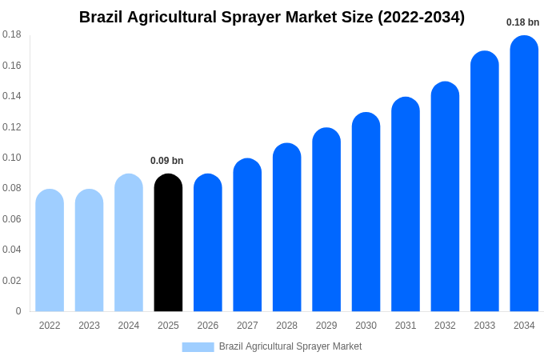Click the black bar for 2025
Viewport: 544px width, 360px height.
(168, 243)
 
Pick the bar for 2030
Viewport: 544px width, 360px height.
(366, 212)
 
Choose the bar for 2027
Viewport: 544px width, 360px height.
(247, 235)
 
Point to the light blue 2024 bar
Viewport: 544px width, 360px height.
(129, 243)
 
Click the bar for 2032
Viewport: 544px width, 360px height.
(445, 197)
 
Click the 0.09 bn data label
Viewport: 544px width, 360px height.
(167, 161)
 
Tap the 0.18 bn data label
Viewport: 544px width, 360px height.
(522, 22)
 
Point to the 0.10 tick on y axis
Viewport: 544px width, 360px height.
(12, 158)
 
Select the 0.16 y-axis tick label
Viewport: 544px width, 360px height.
(12, 66)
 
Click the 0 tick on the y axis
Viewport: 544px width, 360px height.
(18, 311)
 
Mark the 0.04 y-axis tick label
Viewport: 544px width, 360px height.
(12, 250)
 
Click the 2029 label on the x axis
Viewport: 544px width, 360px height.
(326, 326)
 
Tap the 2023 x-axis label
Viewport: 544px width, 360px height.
(89, 326)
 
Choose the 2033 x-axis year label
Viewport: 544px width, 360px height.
(484, 326)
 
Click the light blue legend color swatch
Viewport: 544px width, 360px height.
(198, 347)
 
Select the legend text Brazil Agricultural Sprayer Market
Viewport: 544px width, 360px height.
(290, 346)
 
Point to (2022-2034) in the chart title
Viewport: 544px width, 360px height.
(421, 17)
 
